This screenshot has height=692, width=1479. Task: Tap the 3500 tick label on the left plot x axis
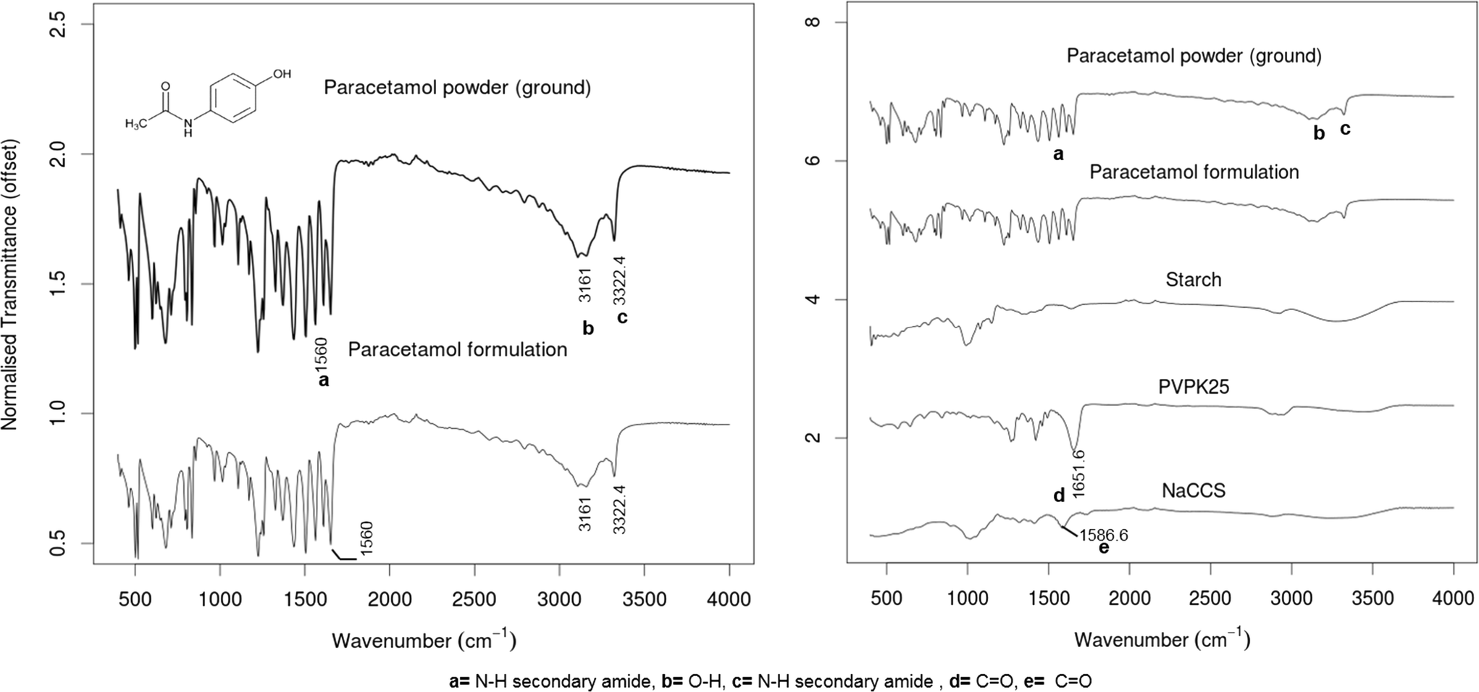[x=644, y=599]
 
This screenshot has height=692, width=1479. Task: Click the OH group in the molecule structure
[x=282, y=74]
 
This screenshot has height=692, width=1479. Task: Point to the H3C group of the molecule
[x=136, y=124]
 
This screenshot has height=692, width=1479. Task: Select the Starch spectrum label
[x=1193, y=280]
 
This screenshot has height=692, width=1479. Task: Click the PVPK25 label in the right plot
[x=1193, y=387]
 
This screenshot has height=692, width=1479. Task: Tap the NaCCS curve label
[x=1193, y=491]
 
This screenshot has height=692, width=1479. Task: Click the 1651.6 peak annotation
[x=1078, y=472]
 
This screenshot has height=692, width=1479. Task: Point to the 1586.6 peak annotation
[x=1103, y=535]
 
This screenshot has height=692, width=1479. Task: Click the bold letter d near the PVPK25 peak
[x=1058, y=496]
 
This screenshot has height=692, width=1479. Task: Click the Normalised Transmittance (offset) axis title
[x=10, y=284]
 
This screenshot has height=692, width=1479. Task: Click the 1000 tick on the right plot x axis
[x=968, y=599]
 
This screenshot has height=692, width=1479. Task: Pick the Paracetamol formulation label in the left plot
[x=457, y=350]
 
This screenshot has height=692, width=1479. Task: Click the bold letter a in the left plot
[x=323, y=380]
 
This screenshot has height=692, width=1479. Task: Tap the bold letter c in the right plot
[x=1345, y=130]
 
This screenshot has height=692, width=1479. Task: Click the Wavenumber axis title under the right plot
[x=1162, y=639]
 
